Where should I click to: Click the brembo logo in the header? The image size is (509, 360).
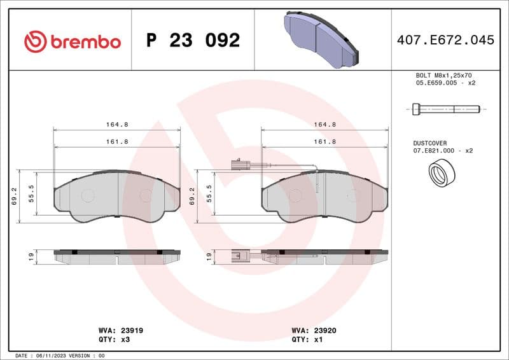[72, 41]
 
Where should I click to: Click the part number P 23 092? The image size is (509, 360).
[193, 41]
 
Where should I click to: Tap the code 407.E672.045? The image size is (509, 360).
[445, 40]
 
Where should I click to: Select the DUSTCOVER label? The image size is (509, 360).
[430, 143]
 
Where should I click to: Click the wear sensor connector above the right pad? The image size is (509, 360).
[240, 166]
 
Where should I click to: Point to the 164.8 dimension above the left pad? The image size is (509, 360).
[117, 125]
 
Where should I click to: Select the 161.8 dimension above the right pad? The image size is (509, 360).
[325, 142]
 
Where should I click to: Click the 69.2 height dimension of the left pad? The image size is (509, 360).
[14, 197]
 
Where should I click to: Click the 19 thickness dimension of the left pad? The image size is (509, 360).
[30, 256]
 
